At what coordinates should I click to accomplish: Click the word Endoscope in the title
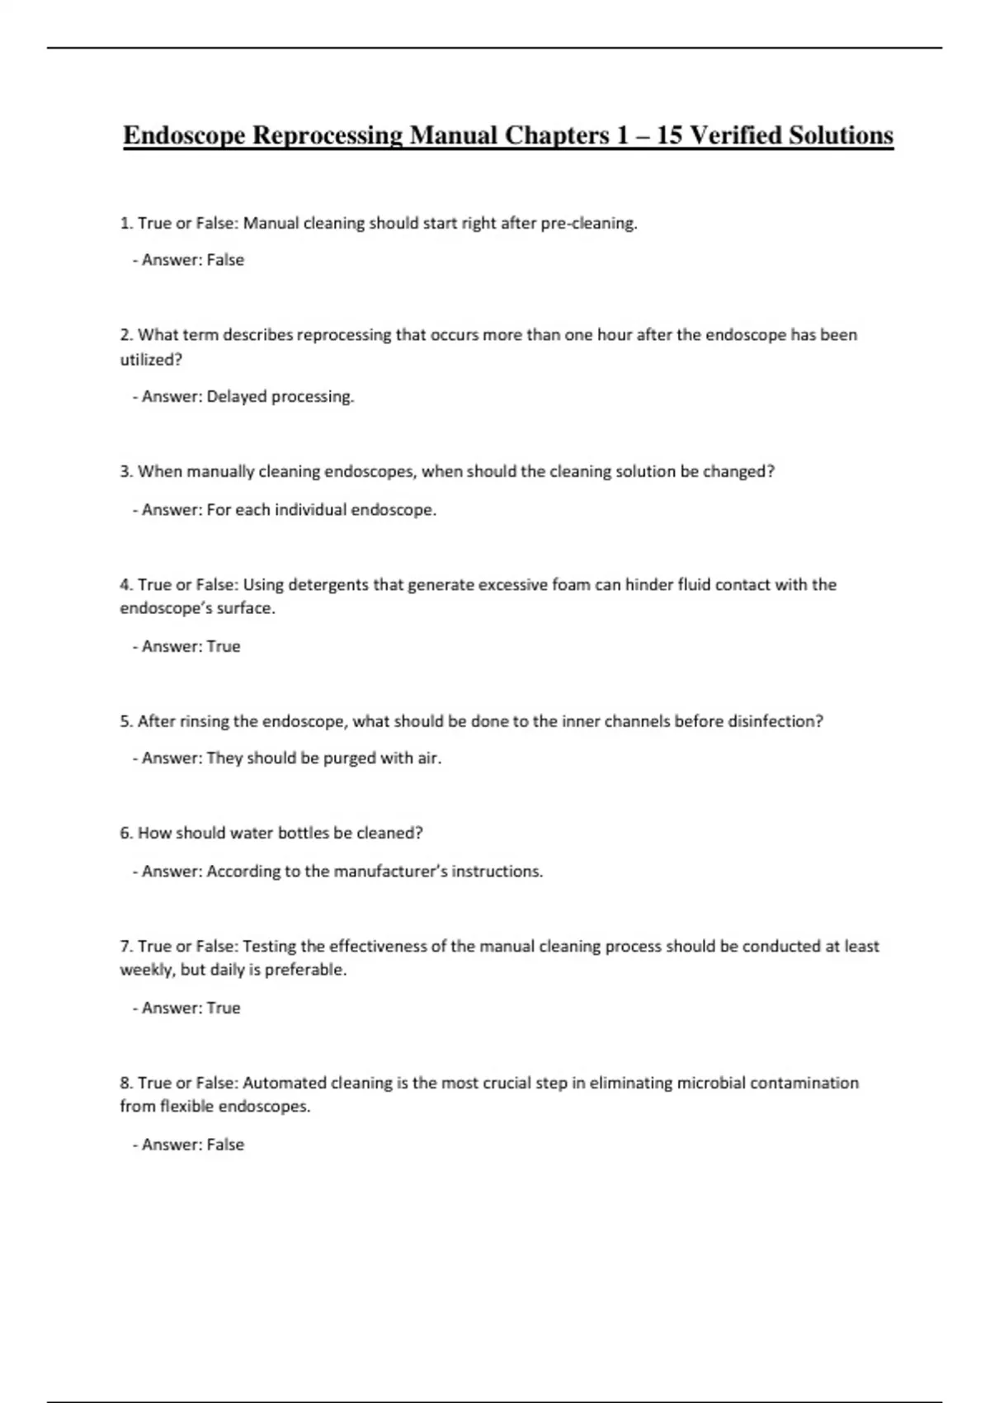(x=183, y=135)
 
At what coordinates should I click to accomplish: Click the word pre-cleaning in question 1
(x=588, y=224)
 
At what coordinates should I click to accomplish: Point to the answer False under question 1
(x=225, y=260)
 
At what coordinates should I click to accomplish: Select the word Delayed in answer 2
(x=236, y=397)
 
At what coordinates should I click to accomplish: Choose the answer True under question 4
(x=224, y=647)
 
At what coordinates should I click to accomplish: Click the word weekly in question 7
(x=146, y=971)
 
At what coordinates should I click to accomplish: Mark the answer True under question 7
(x=224, y=1009)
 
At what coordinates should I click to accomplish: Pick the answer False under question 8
(x=225, y=1145)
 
